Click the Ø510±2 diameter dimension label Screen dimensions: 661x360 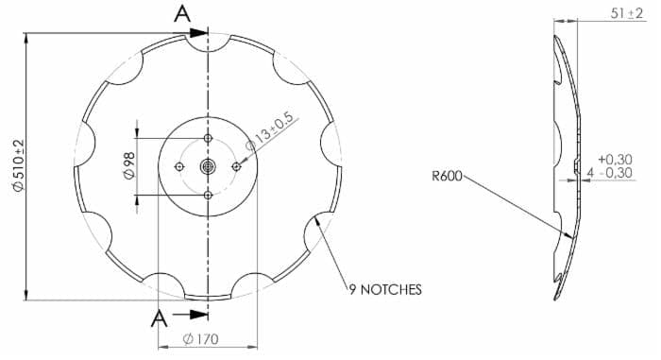pos(19,165)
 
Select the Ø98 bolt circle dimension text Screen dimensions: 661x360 pos(129,166)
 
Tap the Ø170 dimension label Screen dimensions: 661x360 pos(200,339)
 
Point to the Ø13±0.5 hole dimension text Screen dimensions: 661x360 pos(269,131)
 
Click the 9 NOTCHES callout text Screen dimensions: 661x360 pos(385,289)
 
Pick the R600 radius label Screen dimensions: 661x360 pos(447,176)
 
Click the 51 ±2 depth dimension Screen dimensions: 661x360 pos(627,13)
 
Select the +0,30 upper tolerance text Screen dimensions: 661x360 pos(615,159)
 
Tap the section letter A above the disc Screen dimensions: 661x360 pos(182,14)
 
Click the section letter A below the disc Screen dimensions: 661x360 pos(159,318)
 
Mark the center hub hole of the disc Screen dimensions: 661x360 pos(208,166)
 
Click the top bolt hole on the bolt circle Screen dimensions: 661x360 pos(208,138)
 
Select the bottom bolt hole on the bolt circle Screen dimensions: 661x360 pos(208,195)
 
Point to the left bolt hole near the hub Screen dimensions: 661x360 pos(179,167)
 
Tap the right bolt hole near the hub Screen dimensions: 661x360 pos(236,167)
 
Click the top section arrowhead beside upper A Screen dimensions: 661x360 pos(198,33)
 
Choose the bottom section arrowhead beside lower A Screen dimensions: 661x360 pos(198,315)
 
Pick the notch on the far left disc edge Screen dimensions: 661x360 pos(85,144)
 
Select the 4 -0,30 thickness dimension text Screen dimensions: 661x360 pos(610,173)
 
